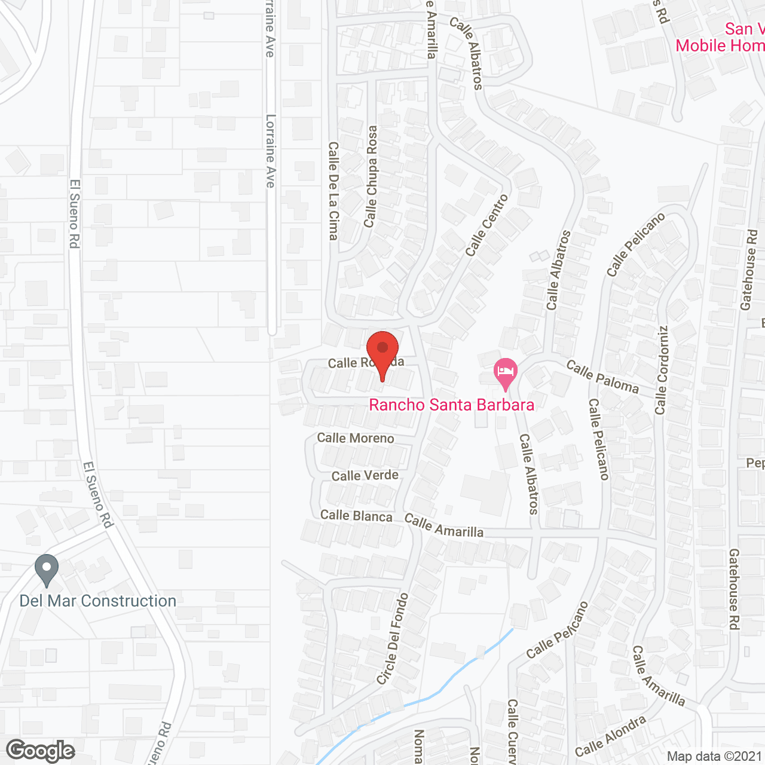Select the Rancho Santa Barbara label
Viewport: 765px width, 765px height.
pyautogui.click(x=451, y=405)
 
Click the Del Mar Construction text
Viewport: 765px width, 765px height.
pyautogui.click(x=98, y=601)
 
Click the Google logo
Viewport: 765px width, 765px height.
pyautogui.click(x=41, y=750)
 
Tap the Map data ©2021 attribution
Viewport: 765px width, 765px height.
pyautogui.click(x=715, y=756)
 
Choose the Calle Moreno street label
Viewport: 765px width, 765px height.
pyautogui.click(x=356, y=438)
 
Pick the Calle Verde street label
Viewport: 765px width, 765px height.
pyautogui.click(x=365, y=476)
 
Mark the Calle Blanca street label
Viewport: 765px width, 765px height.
pyautogui.click(x=356, y=515)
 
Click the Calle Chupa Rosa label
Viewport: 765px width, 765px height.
pyautogui.click(x=371, y=176)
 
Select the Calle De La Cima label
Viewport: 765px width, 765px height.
pyautogui.click(x=333, y=191)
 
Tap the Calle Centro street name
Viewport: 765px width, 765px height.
pyautogui.click(x=487, y=225)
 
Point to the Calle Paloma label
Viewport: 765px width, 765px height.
pyautogui.click(x=602, y=377)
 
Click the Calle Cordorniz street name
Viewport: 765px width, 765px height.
pyautogui.click(x=661, y=370)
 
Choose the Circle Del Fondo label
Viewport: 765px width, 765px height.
pyautogui.click(x=393, y=638)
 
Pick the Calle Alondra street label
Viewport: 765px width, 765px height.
pyautogui.click(x=610, y=736)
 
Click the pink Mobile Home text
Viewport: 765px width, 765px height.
pyautogui.click(x=720, y=45)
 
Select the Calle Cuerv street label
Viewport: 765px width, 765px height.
pyautogui.click(x=512, y=731)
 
